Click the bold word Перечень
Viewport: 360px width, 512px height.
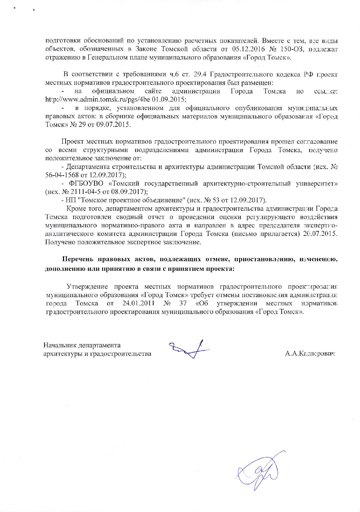(x=78, y=259)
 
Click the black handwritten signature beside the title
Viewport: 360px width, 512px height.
(x=189, y=349)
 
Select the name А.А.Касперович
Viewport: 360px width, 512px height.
(x=310, y=354)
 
